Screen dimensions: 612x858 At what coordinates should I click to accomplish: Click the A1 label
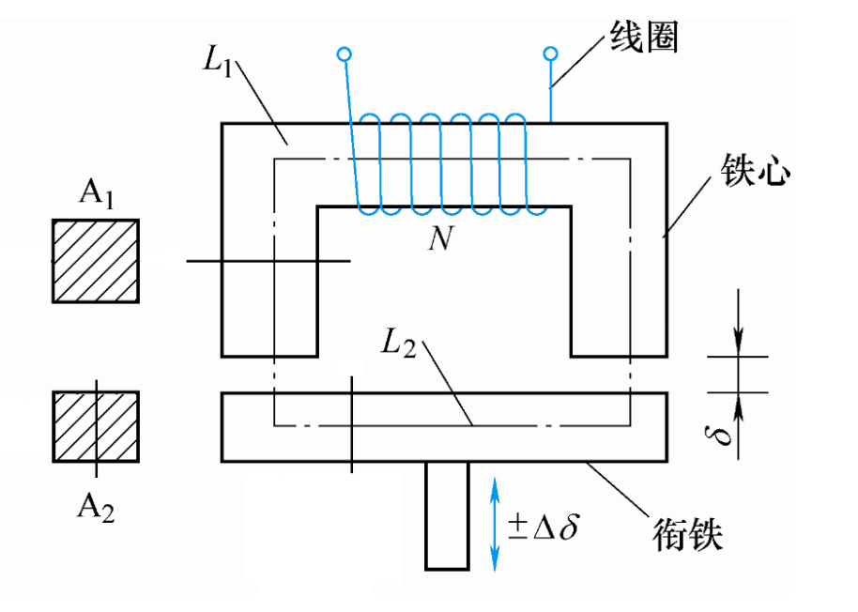click(95, 194)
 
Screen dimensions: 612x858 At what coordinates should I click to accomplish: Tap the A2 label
click(96, 507)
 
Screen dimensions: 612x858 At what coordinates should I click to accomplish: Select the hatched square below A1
click(96, 261)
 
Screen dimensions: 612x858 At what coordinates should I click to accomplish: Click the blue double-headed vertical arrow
click(495, 522)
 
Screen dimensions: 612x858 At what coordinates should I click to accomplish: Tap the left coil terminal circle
click(345, 54)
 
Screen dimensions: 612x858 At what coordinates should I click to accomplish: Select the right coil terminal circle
click(551, 54)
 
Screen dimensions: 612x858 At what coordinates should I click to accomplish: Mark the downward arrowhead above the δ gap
click(738, 344)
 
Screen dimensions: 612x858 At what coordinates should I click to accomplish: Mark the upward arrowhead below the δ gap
click(738, 405)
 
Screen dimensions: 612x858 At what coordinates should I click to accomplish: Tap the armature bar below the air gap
click(443, 427)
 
